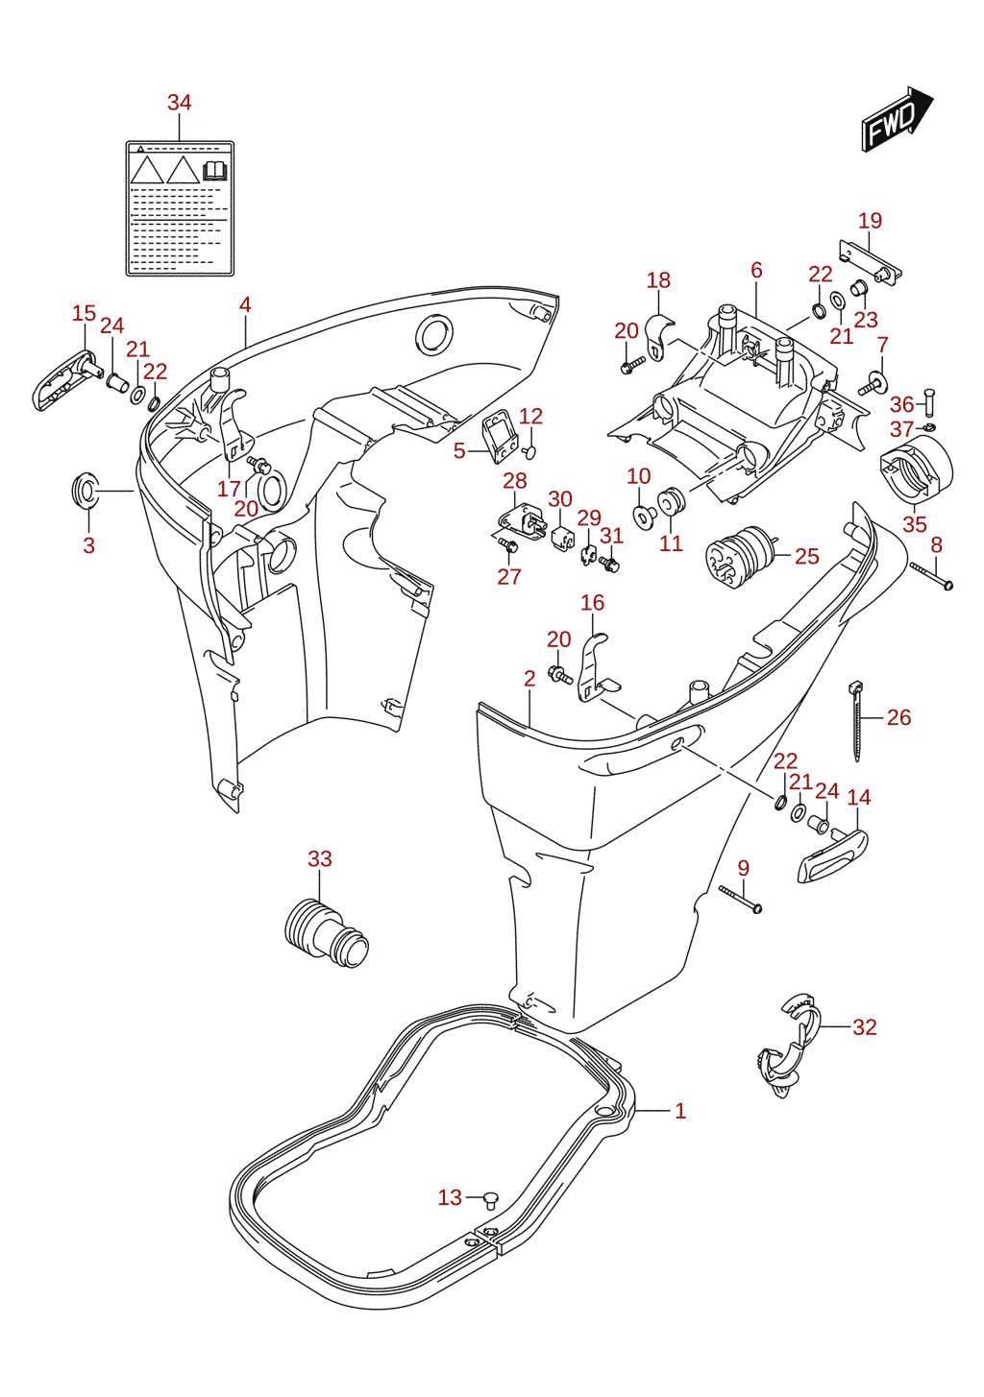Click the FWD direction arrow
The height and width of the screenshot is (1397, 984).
click(897, 118)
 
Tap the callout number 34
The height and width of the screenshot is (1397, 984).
click(179, 103)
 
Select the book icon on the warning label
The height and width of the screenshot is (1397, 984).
click(215, 171)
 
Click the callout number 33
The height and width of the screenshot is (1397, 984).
click(320, 858)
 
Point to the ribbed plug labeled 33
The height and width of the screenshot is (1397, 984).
click(326, 933)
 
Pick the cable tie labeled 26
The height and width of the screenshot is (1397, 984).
click(856, 722)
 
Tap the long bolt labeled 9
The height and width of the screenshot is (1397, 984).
click(741, 900)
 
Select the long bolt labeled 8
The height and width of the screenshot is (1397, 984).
click(931, 576)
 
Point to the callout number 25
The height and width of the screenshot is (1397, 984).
click(806, 556)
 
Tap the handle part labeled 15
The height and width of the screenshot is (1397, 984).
click(64, 380)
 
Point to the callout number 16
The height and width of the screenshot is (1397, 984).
click(592, 602)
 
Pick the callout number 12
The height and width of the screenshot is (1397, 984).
click(530, 416)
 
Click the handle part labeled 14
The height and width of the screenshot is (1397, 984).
click(832, 855)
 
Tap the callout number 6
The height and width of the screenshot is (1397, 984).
click(756, 270)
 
